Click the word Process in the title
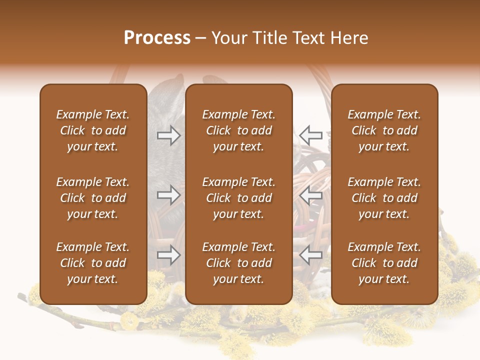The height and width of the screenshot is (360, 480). point(157,38)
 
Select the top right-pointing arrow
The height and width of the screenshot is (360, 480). point(168,135)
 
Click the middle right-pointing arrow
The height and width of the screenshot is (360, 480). point(168,195)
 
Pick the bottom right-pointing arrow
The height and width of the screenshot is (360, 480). point(168,255)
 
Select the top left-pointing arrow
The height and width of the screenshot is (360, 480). point(311,135)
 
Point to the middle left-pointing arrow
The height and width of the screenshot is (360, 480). point(311,195)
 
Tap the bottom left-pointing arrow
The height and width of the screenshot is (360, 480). point(311,255)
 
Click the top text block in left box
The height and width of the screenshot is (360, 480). point(93,130)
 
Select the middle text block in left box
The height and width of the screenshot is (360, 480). point(93,198)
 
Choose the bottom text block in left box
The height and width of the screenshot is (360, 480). point(93,263)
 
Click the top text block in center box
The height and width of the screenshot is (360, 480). point(239,130)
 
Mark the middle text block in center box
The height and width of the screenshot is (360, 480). point(239,198)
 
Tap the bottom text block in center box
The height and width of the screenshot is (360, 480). point(239,263)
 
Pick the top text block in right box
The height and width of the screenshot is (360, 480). point(384,130)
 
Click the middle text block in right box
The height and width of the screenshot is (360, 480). point(384,198)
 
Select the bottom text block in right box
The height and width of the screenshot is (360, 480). point(384,263)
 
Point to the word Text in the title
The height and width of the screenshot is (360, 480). point(307,38)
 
